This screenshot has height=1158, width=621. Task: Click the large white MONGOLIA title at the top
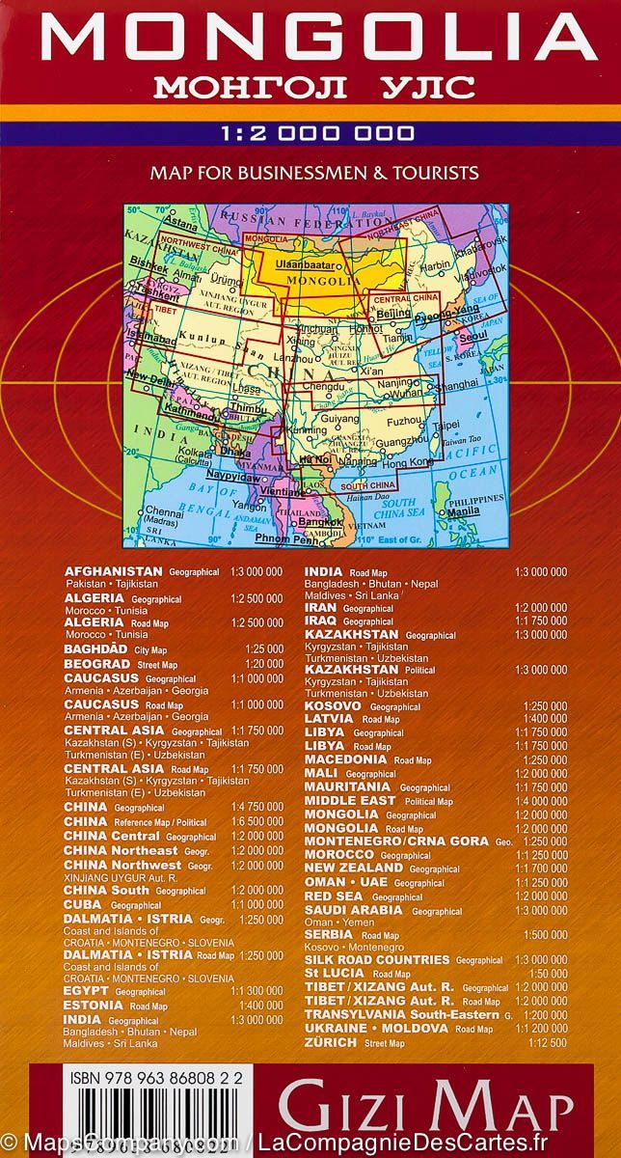(x=310, y=40)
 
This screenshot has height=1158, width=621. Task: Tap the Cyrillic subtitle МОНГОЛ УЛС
(x=310, y=88)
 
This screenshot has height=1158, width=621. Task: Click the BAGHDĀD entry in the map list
(x=94, y=650)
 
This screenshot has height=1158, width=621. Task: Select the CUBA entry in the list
(x=84, y=904)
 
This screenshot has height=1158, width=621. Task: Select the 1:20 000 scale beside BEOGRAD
(x=264, y=664)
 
